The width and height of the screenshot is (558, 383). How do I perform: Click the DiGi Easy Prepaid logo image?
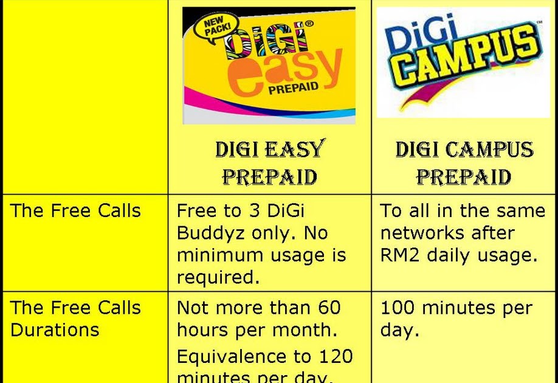tap(269, 65)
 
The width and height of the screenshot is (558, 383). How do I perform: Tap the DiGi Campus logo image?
tap(463, 63)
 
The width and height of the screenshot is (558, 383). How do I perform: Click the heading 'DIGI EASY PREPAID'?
tap(269, 162)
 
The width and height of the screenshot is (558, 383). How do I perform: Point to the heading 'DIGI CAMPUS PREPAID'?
tap(464, 162)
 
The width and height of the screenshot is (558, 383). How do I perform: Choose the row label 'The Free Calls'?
tap(75, 211)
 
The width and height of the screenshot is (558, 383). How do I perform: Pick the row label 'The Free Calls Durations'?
tap(75, 319)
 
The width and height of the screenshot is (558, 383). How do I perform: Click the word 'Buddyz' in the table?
tap(210, 233)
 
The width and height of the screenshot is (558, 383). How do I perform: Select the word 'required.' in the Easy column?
tap(218, 277)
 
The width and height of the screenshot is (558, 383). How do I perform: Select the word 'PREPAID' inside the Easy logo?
tap(293, 89)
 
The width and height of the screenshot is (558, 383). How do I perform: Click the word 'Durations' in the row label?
tap(55, 330)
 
